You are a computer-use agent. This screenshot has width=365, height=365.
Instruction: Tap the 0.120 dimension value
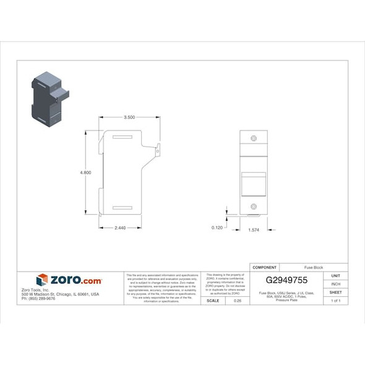[x=217, y=228]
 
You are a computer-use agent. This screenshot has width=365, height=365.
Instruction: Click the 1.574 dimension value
[x=254, y=230]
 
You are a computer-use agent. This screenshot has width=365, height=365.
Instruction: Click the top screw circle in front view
[x=253, y=139]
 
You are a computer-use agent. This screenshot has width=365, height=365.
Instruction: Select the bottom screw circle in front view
[x=253, y=206]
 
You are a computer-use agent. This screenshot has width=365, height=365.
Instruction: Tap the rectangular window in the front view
[x=253, y=183]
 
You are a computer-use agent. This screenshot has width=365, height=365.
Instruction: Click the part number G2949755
[x=286, y=280]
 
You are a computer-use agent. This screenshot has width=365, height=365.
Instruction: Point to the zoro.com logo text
[x=75, y=280]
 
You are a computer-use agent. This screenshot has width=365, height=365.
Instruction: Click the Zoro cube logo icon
[x=42, y=280]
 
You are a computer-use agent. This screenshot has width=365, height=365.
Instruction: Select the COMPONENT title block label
[x=264, y=267]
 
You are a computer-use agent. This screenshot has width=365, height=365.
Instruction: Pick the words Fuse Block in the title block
[x=313, y=267]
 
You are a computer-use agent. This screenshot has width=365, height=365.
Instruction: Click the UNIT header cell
[x=336, y=276]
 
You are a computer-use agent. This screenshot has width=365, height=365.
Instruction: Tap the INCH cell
[x=336, y=284]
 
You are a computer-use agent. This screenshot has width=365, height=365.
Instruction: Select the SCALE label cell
[x=212, y=300]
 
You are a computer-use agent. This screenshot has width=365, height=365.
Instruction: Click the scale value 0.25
[x=237, y=300]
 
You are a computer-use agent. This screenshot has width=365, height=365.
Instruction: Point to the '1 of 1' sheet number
[x=336, y=300]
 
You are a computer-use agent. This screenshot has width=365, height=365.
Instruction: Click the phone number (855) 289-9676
[x=38, y=298]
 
